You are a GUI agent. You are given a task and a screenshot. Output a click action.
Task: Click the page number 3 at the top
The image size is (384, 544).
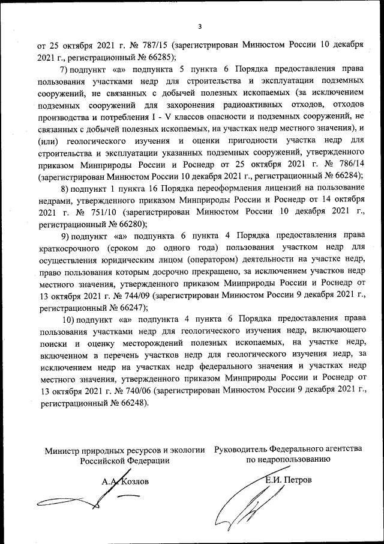point(199,26)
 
